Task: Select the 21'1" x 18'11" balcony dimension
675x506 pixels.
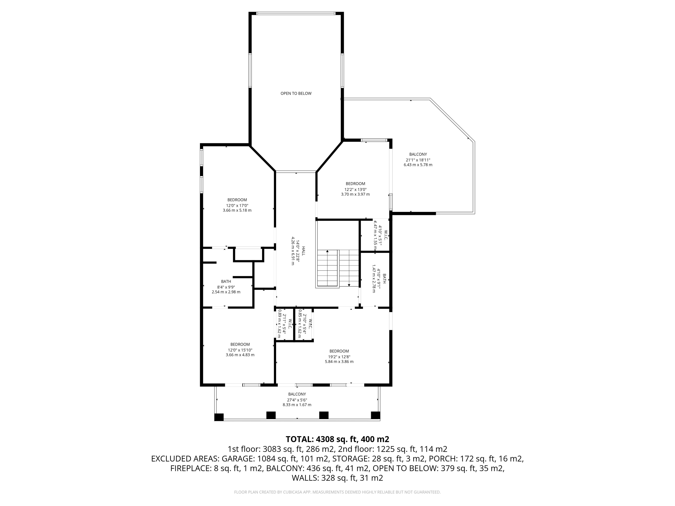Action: point(418,160)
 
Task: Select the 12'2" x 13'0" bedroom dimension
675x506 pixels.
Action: point(355,189)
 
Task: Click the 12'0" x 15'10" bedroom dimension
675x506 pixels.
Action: point(240,350)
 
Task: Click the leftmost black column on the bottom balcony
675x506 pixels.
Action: point(219,417)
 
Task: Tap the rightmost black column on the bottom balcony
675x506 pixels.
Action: point(375,415)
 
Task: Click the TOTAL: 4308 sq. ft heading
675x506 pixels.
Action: point(337,439)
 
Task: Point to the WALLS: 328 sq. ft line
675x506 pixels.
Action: point(337,478)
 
